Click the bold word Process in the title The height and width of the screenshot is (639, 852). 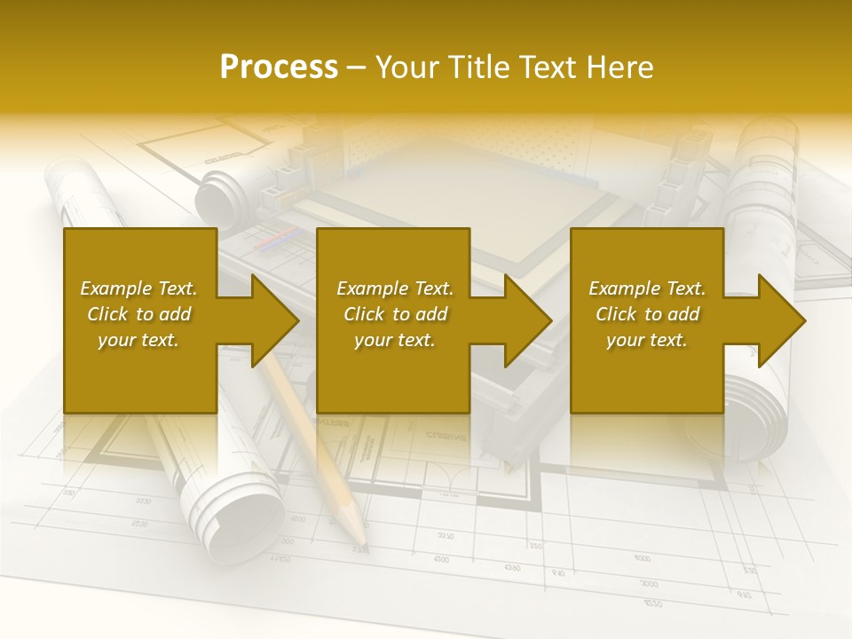click(279, 67)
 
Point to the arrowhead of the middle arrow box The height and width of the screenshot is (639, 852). click(530, 320)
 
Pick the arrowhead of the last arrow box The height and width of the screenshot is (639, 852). click(784, 320)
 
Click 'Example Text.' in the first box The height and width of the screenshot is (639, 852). click(138, 288)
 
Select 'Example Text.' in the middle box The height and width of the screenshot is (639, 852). click(395, 288)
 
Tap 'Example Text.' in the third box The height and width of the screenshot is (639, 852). click(647, 288)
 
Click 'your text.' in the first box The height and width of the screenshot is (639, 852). click(138, 340)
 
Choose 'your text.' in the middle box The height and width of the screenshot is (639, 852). click(395, 340)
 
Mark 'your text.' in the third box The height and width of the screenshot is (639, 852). click(647, 340)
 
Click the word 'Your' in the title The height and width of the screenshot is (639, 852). click(407, 67)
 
